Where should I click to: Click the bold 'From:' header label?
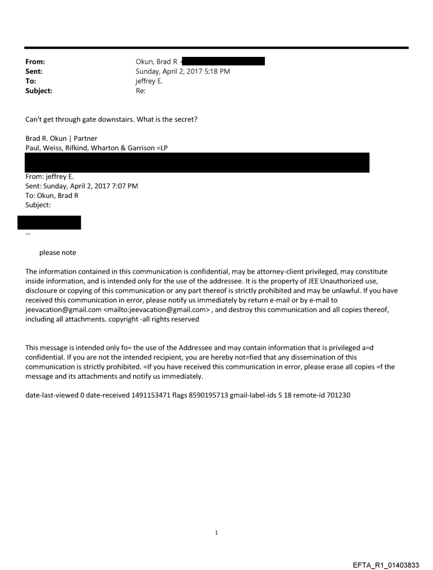[x=35, y=62]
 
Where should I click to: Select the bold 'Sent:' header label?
[x=34, y=71]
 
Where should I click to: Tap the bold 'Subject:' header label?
[x=39, y=91]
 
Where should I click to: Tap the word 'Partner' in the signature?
[x=85, y=139]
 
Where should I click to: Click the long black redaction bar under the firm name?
[x=197, y=163]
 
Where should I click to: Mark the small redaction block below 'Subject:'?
[x=49, y=223]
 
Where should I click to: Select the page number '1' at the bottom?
[x=216, y=533]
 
